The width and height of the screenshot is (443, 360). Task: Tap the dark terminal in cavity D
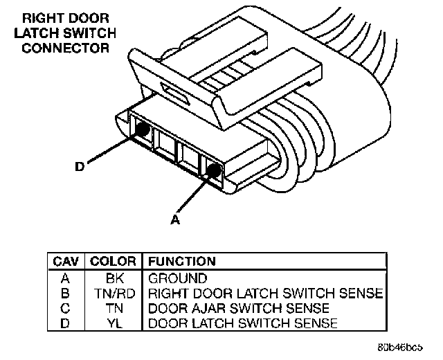[x=144, y=129]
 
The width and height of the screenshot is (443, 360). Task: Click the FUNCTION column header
[x=181, y=262]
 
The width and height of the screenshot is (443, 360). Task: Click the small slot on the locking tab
[x=172, y=91]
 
